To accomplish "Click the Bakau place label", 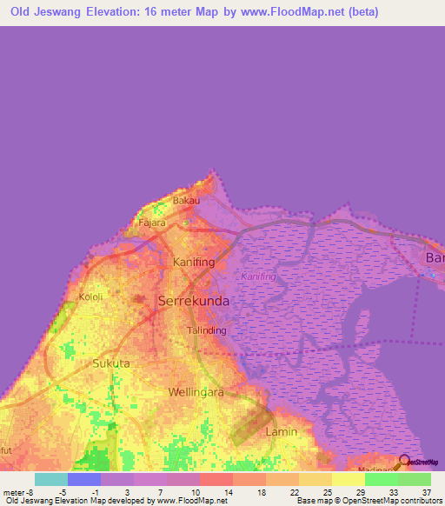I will coord(186,201).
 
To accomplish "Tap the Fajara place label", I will coord(152,223).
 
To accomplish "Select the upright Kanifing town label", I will coord(193,262).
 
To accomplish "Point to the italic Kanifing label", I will coord(257,276).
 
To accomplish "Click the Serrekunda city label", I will coord(194,301).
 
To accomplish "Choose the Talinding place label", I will coord(207,330).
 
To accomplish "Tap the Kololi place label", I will coord(91,296).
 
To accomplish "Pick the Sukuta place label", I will coord(111,363).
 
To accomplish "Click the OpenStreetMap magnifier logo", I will coord(405,461).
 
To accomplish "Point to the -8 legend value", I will coord(30,492).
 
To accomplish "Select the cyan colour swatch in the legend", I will coord(50,479).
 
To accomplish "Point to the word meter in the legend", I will coord(14,492).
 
